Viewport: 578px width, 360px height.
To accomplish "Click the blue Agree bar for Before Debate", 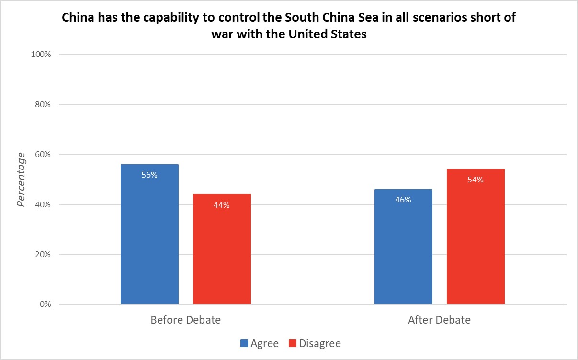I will (x=149, y=235).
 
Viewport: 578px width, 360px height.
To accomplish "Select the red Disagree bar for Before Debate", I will (x=222, y=249).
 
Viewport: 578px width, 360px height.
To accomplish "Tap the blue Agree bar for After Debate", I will (x=403, y=247).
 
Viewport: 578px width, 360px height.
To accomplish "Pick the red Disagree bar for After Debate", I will (x=476, y=236).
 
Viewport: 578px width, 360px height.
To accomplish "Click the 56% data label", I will (x=149, y=175).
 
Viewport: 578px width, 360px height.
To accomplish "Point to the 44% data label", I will (x=222, y=205).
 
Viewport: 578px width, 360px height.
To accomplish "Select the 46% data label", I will (x=403, y=200).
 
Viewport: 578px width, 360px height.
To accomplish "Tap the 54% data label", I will (x=476, y=180).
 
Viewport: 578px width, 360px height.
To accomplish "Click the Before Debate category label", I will (x=186, y=320).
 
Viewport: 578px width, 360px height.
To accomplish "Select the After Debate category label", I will (x=439, y=320).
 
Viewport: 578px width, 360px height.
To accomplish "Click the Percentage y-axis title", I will (x=21, y=180).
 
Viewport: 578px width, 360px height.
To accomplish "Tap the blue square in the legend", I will (x=244, y=343).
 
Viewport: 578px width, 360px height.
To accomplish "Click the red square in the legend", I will (x=292, y=343).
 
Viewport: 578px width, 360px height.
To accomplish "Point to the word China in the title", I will (x=76, y=19).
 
